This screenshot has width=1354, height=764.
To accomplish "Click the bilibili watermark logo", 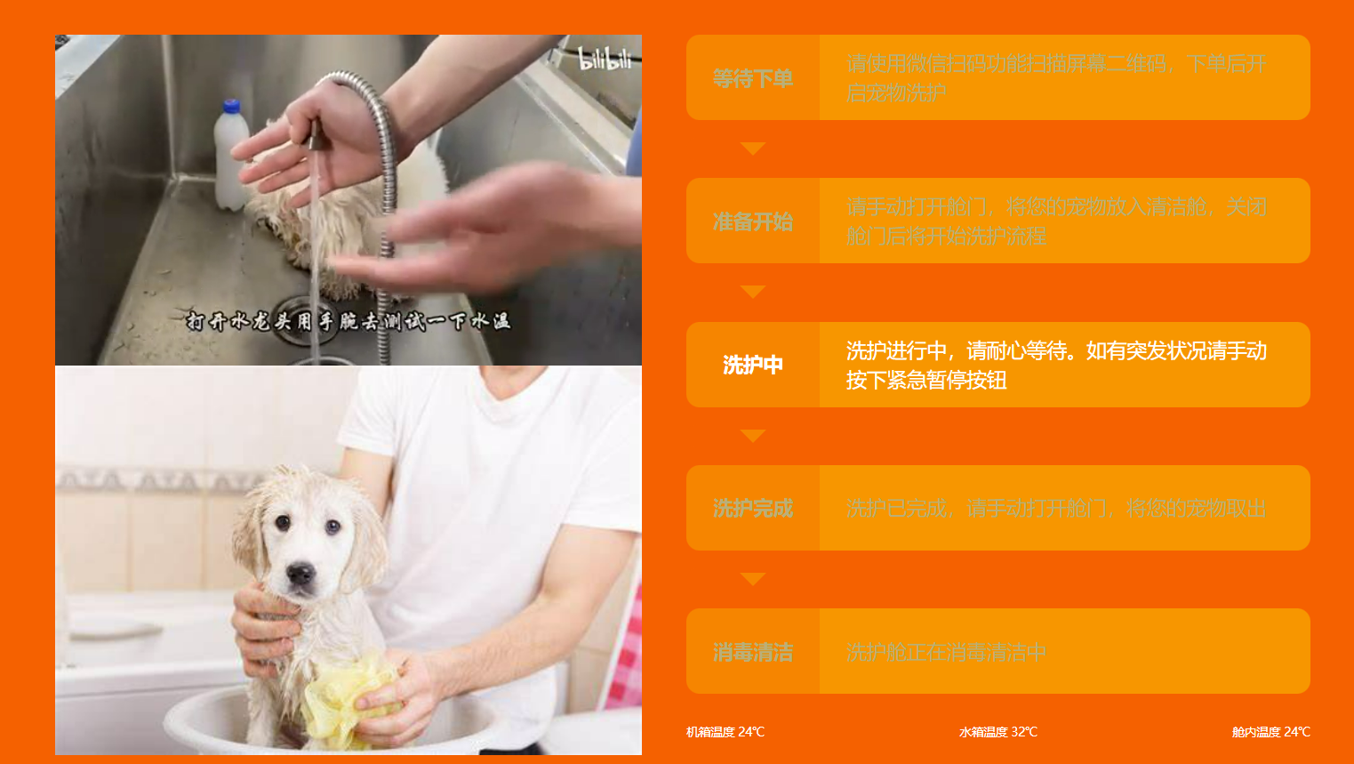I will coord(605,60).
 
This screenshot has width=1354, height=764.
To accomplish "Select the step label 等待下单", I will coord(752,78).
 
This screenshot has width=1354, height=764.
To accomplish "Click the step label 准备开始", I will coord(752,221).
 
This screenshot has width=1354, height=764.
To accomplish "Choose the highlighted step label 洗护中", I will coord(752,365).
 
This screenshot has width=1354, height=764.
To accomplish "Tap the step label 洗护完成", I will coord(752,509).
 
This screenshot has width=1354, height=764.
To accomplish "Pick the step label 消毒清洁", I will coord(752,652).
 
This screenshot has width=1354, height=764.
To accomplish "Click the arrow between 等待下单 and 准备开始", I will coord(752,149).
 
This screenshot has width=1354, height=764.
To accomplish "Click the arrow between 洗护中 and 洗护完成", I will coord(752,436).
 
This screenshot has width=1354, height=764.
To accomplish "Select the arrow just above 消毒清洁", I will coord(752,579).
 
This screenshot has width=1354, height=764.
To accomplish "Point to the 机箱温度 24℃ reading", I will coord(725,732).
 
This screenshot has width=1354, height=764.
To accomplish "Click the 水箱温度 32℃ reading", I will coord(998,732).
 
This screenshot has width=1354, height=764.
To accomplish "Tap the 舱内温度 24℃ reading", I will coord(1270,732).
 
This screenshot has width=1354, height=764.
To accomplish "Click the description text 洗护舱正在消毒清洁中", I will coord(945,652).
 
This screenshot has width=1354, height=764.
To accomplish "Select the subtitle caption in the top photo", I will coord(348,321).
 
